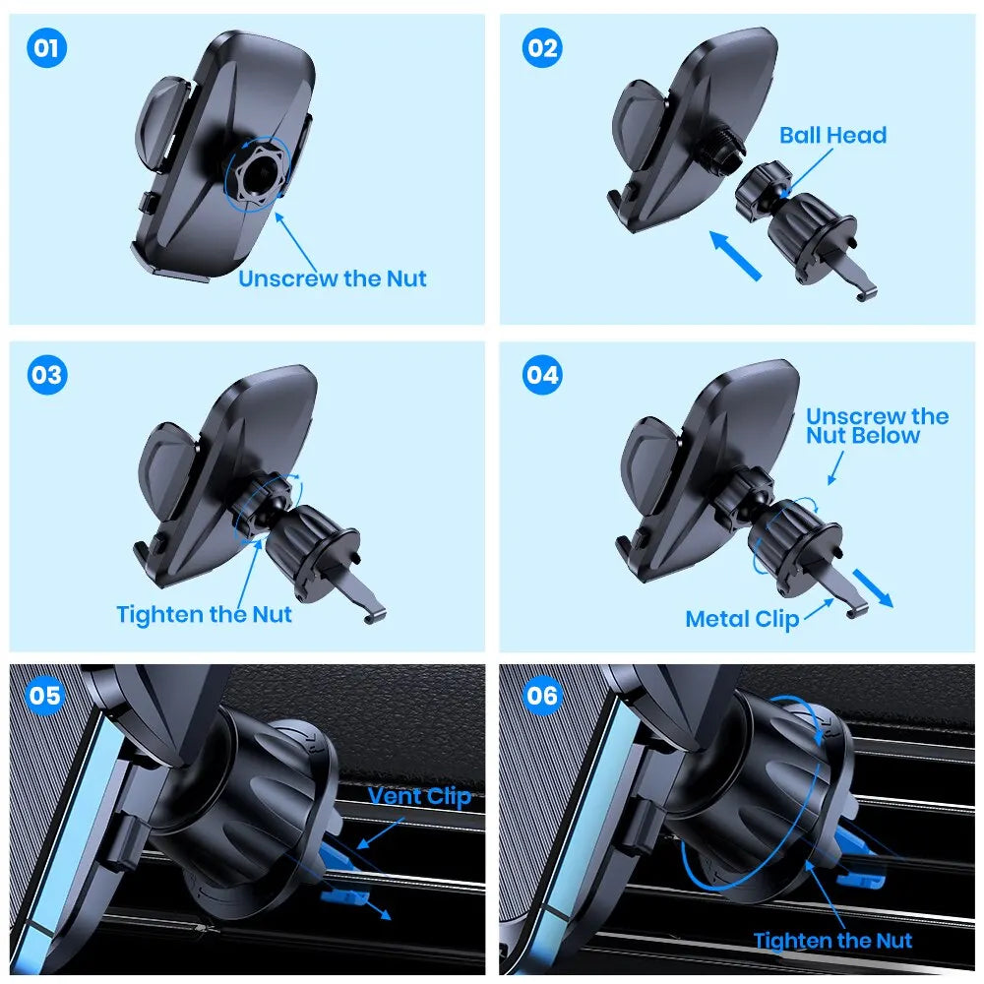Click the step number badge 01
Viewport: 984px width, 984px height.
tap(46, 48)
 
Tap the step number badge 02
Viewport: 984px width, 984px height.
tap(541, 48)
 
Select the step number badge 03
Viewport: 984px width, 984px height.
tap(46, 375)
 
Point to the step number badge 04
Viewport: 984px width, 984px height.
tap(541, 375)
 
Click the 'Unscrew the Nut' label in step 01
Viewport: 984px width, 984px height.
tap(333, 278)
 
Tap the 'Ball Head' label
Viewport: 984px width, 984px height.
tap(832, 135)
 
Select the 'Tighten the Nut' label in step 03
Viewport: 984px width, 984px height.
tap(204, 614)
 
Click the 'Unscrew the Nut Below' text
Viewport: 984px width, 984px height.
tap(876, 425)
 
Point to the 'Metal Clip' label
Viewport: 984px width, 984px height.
tap(742, 619)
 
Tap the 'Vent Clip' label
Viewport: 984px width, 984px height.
tap(419, 796)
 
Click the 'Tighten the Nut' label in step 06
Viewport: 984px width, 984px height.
tap(832, 941)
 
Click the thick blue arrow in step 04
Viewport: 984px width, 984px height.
tap(873, 587)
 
